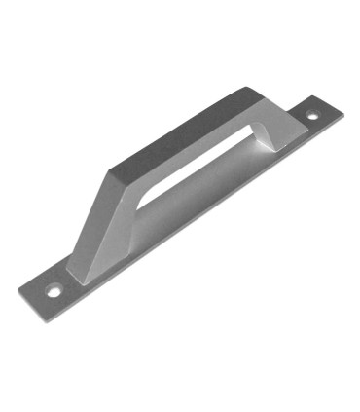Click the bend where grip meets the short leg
pos(255,93)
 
